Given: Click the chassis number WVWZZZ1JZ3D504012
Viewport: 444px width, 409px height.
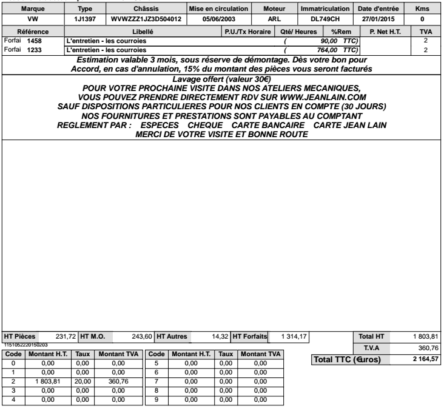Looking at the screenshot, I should click(146, 19).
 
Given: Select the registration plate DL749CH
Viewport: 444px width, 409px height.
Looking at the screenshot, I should click(325, 19).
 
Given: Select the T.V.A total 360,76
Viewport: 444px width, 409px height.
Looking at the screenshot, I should click(426, 348).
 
